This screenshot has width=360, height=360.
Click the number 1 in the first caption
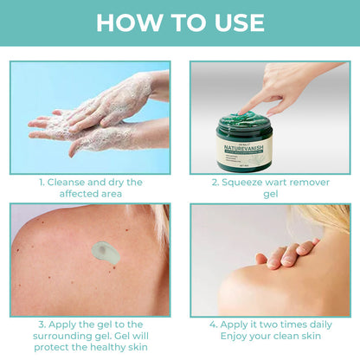(x=41, y=183)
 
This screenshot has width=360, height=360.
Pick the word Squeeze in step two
(x=247, y=183)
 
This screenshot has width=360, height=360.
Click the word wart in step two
(x=286, y=183)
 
